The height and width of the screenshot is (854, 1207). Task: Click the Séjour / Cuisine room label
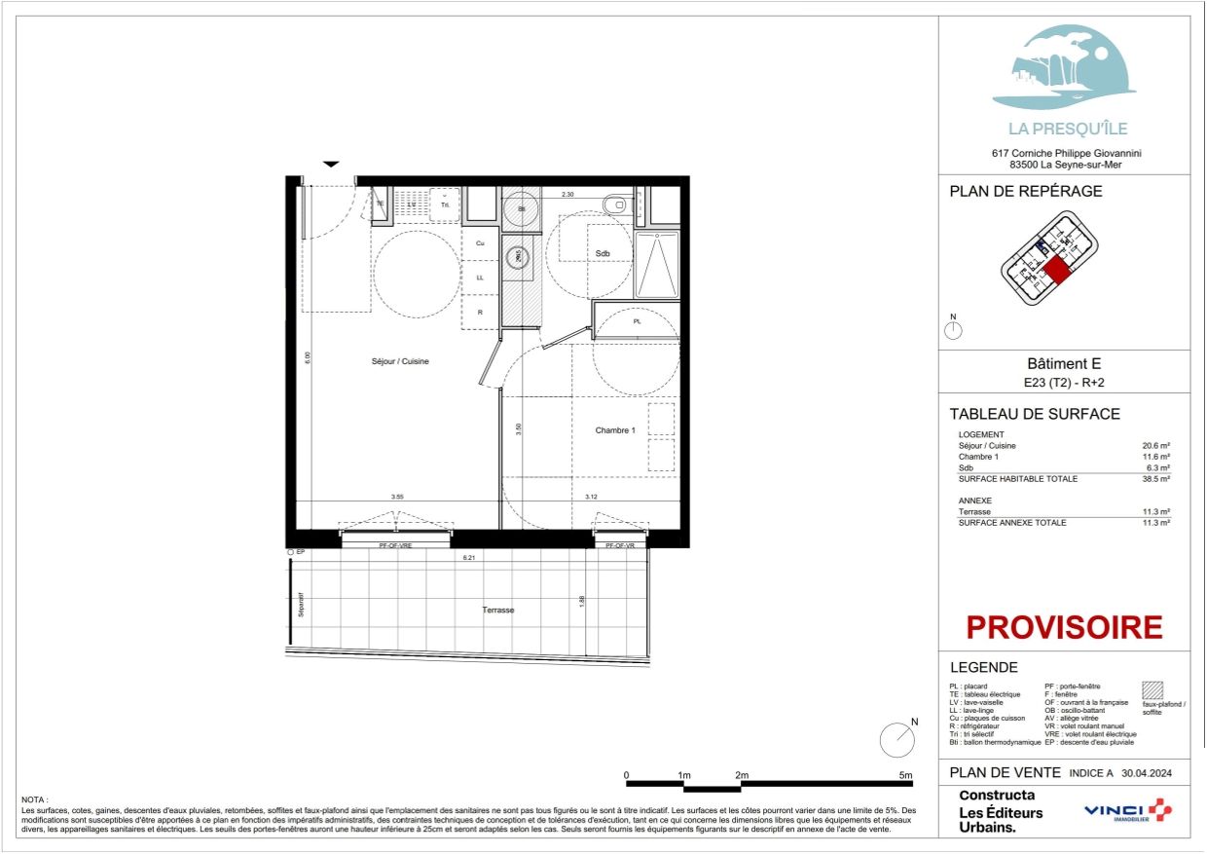coord(400,361)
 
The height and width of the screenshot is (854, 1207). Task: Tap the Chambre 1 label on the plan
coord(615,429)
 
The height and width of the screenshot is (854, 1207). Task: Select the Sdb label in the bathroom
coord(603,253)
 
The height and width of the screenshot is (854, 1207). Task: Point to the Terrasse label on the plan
coord(497,611)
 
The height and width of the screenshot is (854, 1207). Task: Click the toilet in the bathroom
coord(616,204)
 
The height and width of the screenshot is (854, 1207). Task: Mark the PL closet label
coord(637,320)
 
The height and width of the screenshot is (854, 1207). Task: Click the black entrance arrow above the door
coord(331,165)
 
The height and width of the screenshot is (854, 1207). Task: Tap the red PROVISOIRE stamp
coord(1064,627)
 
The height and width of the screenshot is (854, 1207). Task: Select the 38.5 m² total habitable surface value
coord(1155,479)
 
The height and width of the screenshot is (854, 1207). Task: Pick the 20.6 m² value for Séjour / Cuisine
coord(1155,445)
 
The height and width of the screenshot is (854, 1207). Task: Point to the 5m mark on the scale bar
coord(906,776)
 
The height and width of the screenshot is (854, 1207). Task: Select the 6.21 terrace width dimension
coord(471,559)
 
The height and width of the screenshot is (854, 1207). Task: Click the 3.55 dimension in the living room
coord(397,498)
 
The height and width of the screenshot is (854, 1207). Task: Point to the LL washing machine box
coord(480,278)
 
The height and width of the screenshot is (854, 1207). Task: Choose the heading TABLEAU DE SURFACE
coord(1034,414)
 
